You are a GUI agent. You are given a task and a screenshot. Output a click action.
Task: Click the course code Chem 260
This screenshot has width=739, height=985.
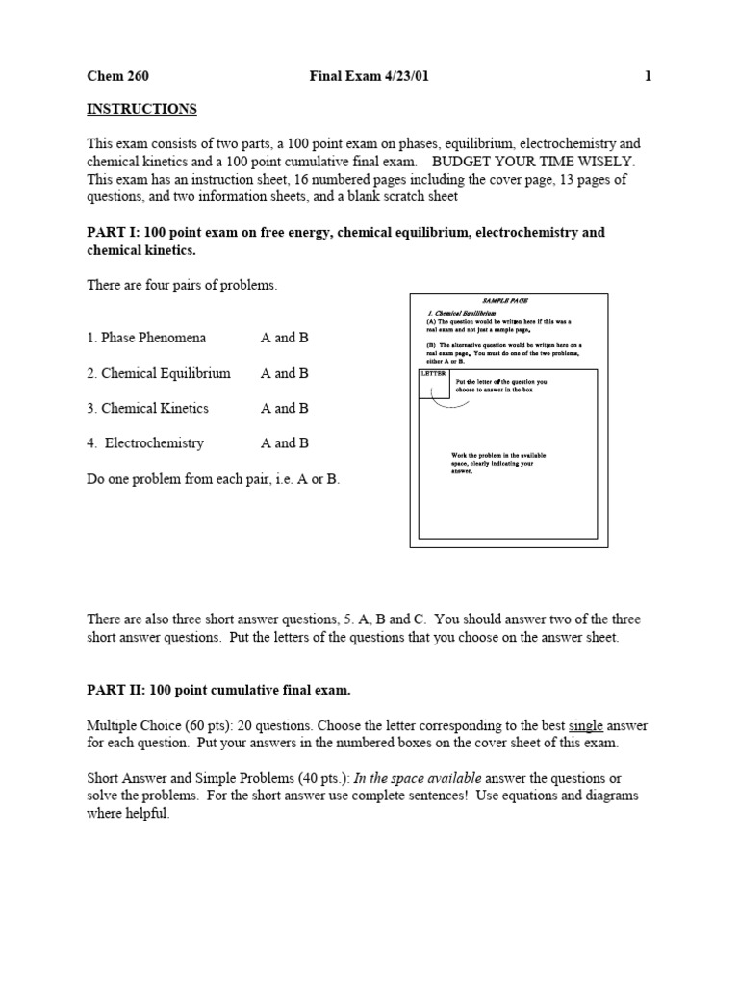(118, 76)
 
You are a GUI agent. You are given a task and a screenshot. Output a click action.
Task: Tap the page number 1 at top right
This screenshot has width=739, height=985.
(649, 76)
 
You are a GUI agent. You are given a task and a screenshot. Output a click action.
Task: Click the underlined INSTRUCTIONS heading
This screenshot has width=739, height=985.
(141, 109)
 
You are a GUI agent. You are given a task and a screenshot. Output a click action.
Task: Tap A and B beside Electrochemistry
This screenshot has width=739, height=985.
(285, 443)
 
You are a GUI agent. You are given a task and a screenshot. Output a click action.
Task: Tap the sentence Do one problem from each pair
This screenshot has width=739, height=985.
(213, 478)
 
